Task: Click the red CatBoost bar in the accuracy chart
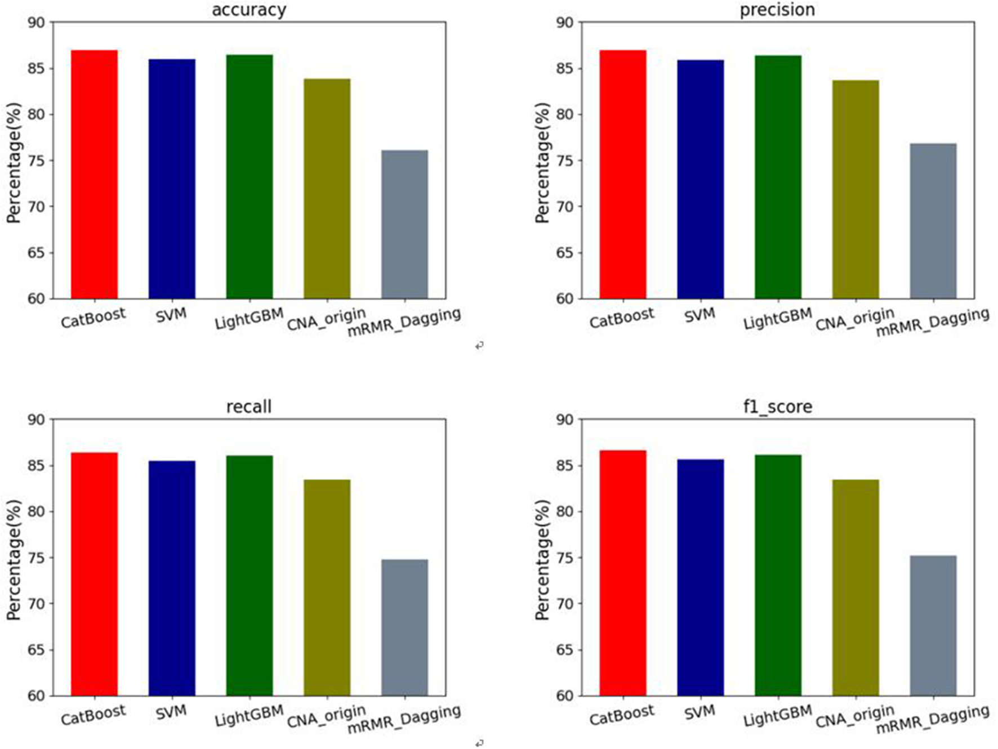94,175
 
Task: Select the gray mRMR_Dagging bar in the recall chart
404,628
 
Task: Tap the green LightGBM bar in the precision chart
778,177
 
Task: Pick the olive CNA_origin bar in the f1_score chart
856,588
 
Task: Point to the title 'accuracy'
249,10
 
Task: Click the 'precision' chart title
777,10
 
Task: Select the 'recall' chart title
249,407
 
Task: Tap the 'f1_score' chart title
777,407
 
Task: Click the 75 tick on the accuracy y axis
37,160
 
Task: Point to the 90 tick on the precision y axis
565,23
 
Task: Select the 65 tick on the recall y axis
37,650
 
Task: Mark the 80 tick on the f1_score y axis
565,512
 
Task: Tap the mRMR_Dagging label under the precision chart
933,323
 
